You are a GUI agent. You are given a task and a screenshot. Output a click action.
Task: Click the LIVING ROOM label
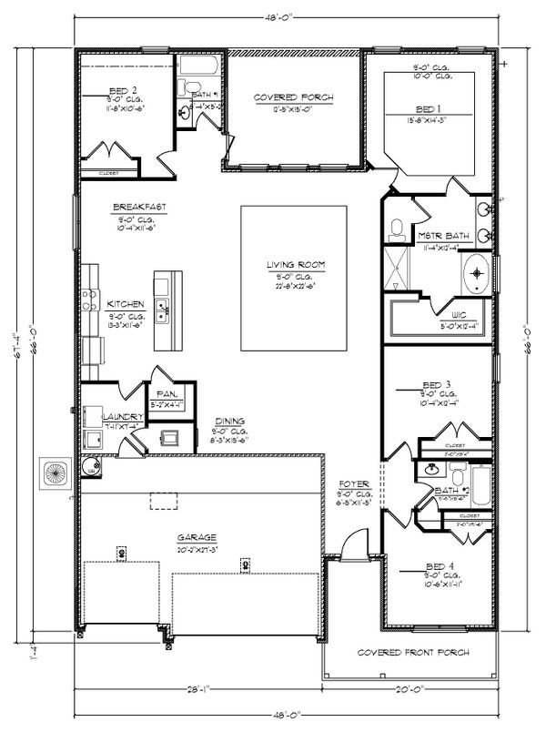click(296, 265)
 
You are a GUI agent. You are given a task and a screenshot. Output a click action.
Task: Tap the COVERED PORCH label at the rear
click(293, 97)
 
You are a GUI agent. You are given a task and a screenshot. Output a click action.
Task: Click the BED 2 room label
click(122, 90)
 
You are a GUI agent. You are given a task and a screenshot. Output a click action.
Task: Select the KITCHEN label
click(123, 304)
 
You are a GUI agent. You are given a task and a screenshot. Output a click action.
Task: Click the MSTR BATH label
click(444, 236)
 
